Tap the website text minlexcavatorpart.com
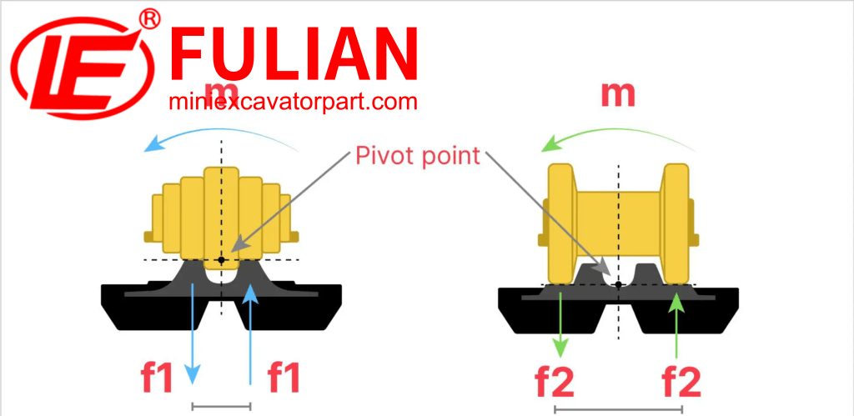pos(292,103)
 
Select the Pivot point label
pos(417,156)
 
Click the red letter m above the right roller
pos(618,93)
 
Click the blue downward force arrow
pos(193,333)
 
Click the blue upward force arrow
pos(250,333)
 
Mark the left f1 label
pos(157,378)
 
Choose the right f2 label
pos(681,382)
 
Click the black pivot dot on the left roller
pos(221,260)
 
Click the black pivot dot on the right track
pos(618,285)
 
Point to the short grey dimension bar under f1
pos(221,406)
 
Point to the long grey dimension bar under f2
pos(618,409)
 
